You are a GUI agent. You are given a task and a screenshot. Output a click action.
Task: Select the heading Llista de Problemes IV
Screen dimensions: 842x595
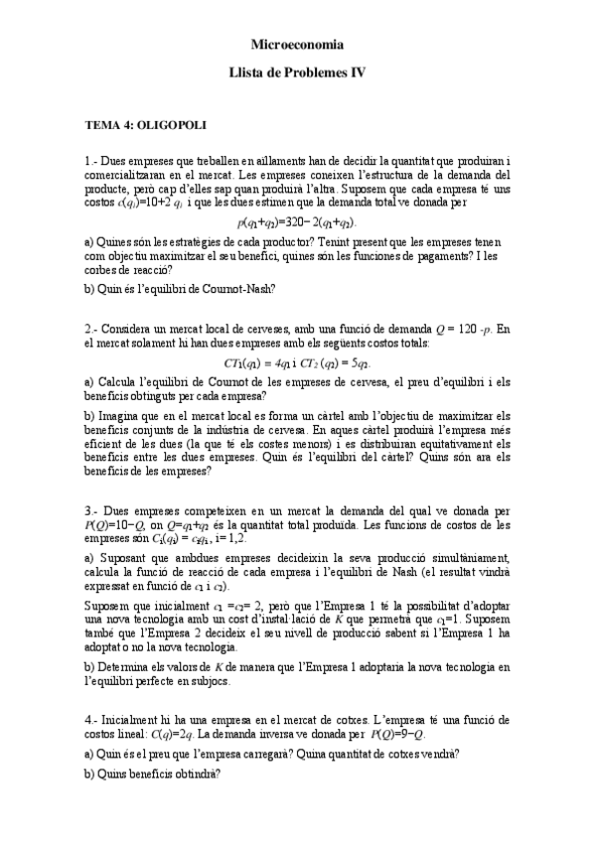tap(297, 73)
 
